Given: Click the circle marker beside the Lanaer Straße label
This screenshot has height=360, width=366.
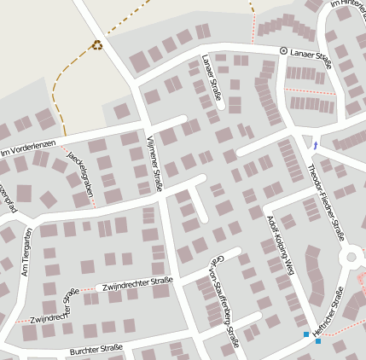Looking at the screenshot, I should point(284,51).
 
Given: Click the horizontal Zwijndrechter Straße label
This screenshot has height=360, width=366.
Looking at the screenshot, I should point(137,283).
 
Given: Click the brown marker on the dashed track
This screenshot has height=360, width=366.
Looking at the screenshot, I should point(97,45).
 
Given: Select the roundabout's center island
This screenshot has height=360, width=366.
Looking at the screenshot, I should point(351,256).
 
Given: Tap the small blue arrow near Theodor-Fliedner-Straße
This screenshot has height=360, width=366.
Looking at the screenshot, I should point(317,142).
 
